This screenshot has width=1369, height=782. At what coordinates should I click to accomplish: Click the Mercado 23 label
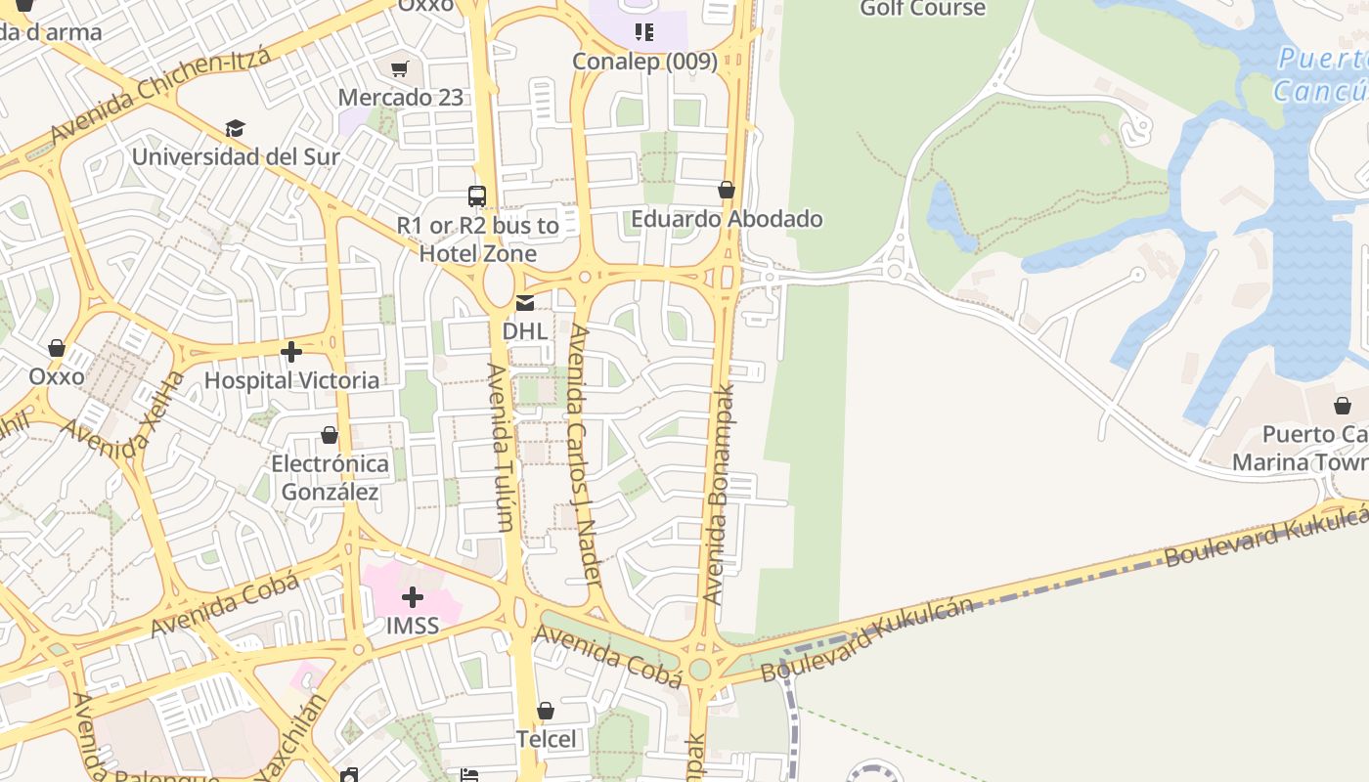click(x=401, y=98)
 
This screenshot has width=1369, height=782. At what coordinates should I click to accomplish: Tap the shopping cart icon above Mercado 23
click(x=399, y=68)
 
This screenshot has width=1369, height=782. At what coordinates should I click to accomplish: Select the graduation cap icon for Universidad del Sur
click(x=235, y=128)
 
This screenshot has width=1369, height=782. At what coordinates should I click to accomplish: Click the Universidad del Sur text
click(x=236, y=156)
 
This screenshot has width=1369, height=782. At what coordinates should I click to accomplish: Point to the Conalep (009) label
click(x=644, y=62)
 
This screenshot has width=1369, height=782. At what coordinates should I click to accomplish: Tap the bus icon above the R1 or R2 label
click(x=477, y=196)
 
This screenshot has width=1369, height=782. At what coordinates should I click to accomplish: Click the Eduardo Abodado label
click(x=727, y=219)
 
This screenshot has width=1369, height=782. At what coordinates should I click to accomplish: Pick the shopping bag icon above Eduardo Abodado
click(x=727, y=190)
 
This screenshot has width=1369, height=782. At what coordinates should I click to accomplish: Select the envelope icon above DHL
click(x=525, y=303)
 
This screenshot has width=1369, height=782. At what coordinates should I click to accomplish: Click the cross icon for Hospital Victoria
click(x=291, y=352)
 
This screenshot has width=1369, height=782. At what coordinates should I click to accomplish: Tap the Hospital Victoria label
click(x=291, y=380)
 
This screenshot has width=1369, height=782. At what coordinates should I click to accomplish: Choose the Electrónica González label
click(x=330, y=477)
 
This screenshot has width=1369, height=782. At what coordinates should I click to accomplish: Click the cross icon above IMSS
click(x=413, y=596)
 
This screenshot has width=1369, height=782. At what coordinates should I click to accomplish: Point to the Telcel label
click(x=546, y=739)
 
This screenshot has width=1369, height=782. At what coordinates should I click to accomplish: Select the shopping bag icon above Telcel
click(x=546, y=711)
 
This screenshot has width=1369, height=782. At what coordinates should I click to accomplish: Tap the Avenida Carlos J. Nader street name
click(x=586, y=456)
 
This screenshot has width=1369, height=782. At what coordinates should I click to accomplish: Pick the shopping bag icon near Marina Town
click(x=1343, y=405)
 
